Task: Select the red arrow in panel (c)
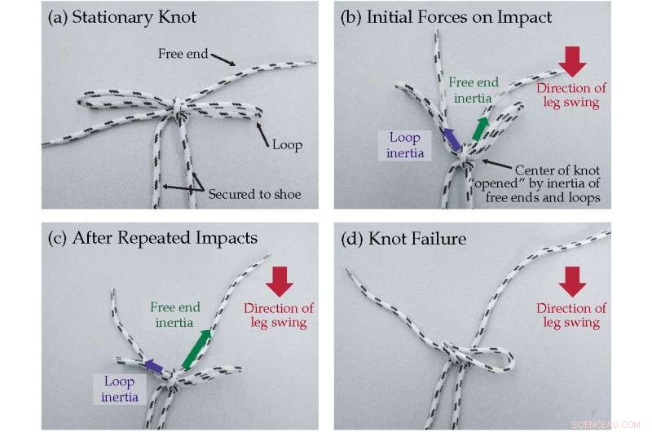(280, 280)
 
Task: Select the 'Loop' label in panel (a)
(288, 145)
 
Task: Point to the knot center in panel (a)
(180, 108)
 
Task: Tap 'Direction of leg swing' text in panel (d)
(570, 315)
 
